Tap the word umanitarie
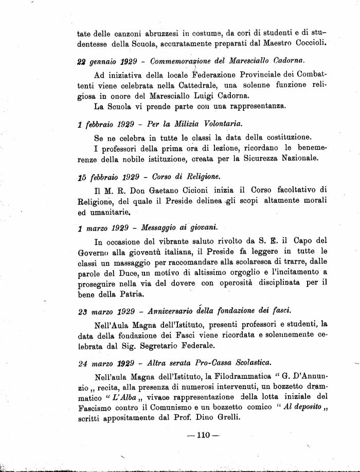tap(105, 212)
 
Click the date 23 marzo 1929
tap(106, 311)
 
